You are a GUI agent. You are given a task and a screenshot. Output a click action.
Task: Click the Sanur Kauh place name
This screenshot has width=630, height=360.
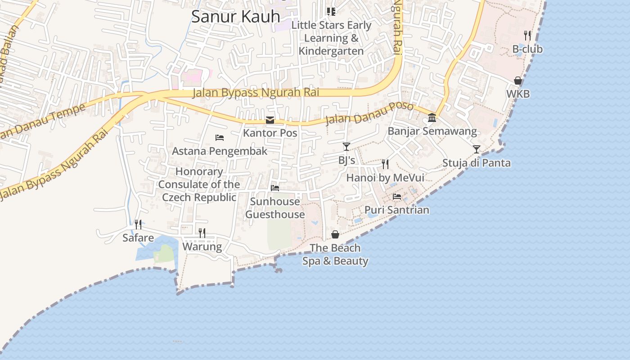[x=235, y=16]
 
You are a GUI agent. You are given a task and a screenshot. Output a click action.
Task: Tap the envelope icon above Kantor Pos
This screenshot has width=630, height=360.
[x=270, y=120]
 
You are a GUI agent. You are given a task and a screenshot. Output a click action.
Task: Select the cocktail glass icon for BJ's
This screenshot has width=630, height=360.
[x=346, y=147]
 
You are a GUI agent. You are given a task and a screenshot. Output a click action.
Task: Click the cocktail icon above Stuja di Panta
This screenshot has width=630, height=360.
[x=477, y=149]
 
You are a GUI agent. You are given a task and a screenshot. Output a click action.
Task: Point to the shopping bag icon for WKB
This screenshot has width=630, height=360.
[x=518, y=81]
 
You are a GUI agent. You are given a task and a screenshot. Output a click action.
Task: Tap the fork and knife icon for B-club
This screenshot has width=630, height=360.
[x=527, y=35]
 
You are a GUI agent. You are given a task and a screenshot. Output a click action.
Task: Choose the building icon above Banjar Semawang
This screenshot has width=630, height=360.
[x=432, y=117]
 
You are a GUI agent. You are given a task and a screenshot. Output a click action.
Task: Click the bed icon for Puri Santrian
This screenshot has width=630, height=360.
[x=397, y=197]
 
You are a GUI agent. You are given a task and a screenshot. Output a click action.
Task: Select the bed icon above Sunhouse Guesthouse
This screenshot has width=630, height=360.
[x=275, y=188]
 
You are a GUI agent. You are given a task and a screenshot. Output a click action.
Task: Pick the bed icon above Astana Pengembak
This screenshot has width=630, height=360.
[x=220, y=138]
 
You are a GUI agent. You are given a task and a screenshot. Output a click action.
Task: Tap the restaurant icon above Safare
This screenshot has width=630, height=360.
[x=138, y=224]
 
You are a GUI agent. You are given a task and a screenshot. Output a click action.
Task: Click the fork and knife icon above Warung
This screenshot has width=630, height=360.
[x=202, y=233]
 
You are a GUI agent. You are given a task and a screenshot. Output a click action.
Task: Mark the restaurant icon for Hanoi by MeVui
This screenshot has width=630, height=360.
[x=385, y=164]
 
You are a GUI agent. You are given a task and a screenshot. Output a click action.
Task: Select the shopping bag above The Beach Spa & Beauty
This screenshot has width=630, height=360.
[x=335, y=234]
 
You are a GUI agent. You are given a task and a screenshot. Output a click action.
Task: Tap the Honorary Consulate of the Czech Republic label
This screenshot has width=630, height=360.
[x=199, y=184]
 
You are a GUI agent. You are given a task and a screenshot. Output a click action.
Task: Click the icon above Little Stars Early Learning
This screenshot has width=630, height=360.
[x=331, y=11]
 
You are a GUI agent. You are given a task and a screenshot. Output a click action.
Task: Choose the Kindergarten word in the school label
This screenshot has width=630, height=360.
[x=331, y=51]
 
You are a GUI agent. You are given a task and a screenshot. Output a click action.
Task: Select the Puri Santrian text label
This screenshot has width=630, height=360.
[x=397, y=210]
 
